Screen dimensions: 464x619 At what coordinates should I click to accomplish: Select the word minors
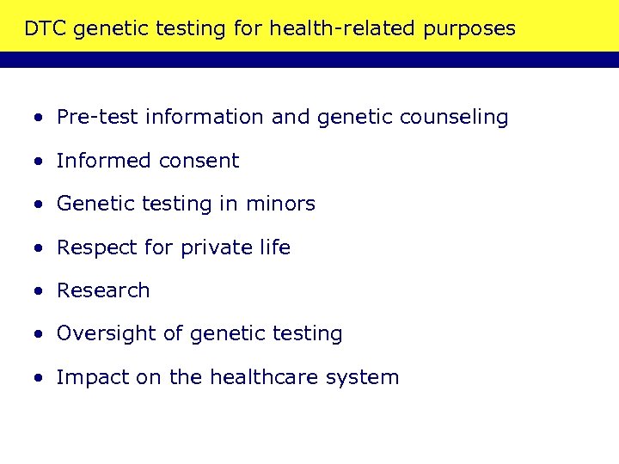tap(280, 204)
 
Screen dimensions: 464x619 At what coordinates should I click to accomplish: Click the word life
tap(275, 247)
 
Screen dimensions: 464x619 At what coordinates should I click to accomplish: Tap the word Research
tap(103, 290)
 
